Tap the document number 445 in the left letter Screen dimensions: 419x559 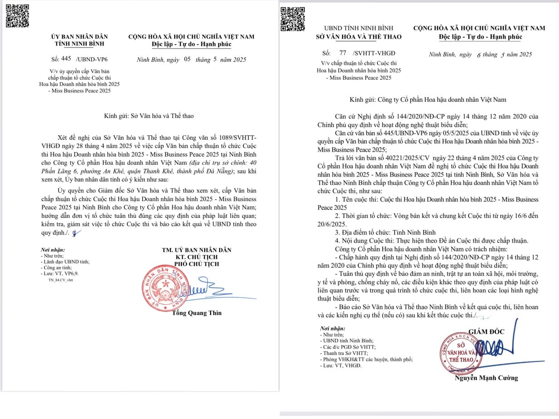pos(66,59)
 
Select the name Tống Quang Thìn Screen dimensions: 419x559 pos(197,313)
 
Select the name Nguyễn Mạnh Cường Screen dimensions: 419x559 pos(486,378)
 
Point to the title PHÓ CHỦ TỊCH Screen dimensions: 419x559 pos(196,264)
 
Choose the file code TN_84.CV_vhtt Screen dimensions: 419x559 pos(60,280)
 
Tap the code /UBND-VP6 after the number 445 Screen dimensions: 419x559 pos(92,59)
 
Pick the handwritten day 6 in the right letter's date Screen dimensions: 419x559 pos(478,55)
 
